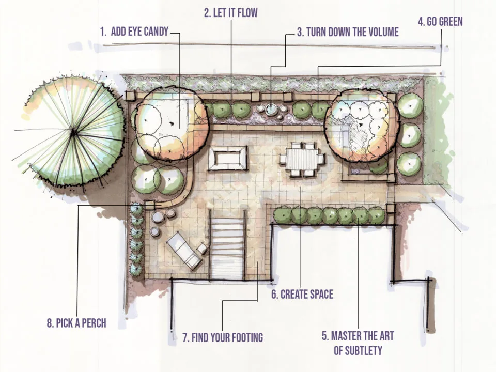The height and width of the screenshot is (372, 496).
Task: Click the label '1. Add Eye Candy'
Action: click(x=134, y=32)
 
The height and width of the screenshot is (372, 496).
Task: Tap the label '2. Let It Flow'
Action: click(x=230, y=13)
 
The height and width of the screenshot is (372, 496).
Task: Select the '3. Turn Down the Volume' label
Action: click(x=348, y=32)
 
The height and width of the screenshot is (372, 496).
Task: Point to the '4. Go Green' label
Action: click(x=440, y=22)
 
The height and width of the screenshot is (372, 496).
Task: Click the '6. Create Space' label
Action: click(x=302, y=294)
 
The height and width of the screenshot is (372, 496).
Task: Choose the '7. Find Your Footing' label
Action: click(x=223, y=337)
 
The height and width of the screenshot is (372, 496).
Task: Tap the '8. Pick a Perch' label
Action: click(x=76, y=323)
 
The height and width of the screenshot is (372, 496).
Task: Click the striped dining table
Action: click(x=301, y=160)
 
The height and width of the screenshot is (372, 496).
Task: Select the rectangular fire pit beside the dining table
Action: click(x=227, y=158)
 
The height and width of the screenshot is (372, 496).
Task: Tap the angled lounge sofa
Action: click(x=185, y=253)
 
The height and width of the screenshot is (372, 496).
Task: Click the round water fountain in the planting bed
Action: click(x=271, y=109)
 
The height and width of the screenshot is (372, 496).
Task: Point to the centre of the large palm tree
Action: click(x=73, y=132)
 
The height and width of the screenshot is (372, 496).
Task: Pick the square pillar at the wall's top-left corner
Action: click(x=130, y=96)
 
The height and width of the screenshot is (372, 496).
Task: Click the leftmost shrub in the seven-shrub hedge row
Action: click(x=282, y=215)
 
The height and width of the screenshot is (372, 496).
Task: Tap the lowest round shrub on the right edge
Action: click(x=409, y=164)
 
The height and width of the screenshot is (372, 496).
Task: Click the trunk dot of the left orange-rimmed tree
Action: click(x=172, y=123)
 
